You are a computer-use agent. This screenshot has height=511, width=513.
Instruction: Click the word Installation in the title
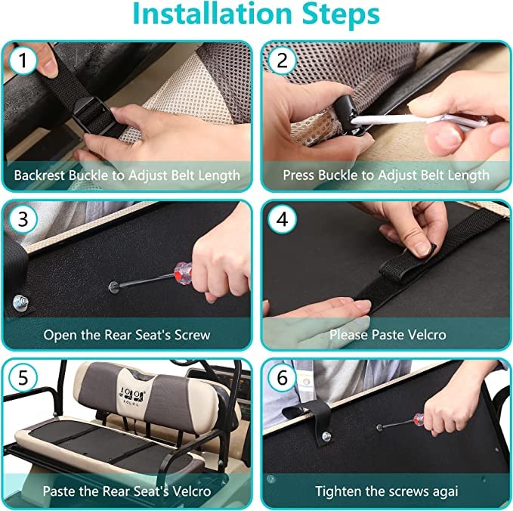(x=212, y=14)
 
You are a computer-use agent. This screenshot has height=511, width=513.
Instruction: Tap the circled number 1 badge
(x=23, y=60)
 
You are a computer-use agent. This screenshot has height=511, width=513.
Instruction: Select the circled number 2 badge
(x=282, y=60)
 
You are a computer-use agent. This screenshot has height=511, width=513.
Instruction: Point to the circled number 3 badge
(x=23, y=219)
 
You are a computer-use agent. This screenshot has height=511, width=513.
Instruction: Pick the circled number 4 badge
(x=282, y=219)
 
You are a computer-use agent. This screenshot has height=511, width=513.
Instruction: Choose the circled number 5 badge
(x=23, y=377)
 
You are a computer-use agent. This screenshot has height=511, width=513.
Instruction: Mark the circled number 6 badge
(x=282, y=377)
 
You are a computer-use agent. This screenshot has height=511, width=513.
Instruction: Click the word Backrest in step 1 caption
(x=39, y=175)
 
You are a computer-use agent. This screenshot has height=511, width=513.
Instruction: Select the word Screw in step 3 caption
(x=193, y=335)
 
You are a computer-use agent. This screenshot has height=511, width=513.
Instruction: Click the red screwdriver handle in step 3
(x=183, y=274)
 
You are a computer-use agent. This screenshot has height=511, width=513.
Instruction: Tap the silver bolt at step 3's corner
(x=20, y=302)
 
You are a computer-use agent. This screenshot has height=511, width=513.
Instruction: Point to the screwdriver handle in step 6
(x=419, y=420)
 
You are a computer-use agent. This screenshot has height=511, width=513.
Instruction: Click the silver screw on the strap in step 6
(x=326, y=436)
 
